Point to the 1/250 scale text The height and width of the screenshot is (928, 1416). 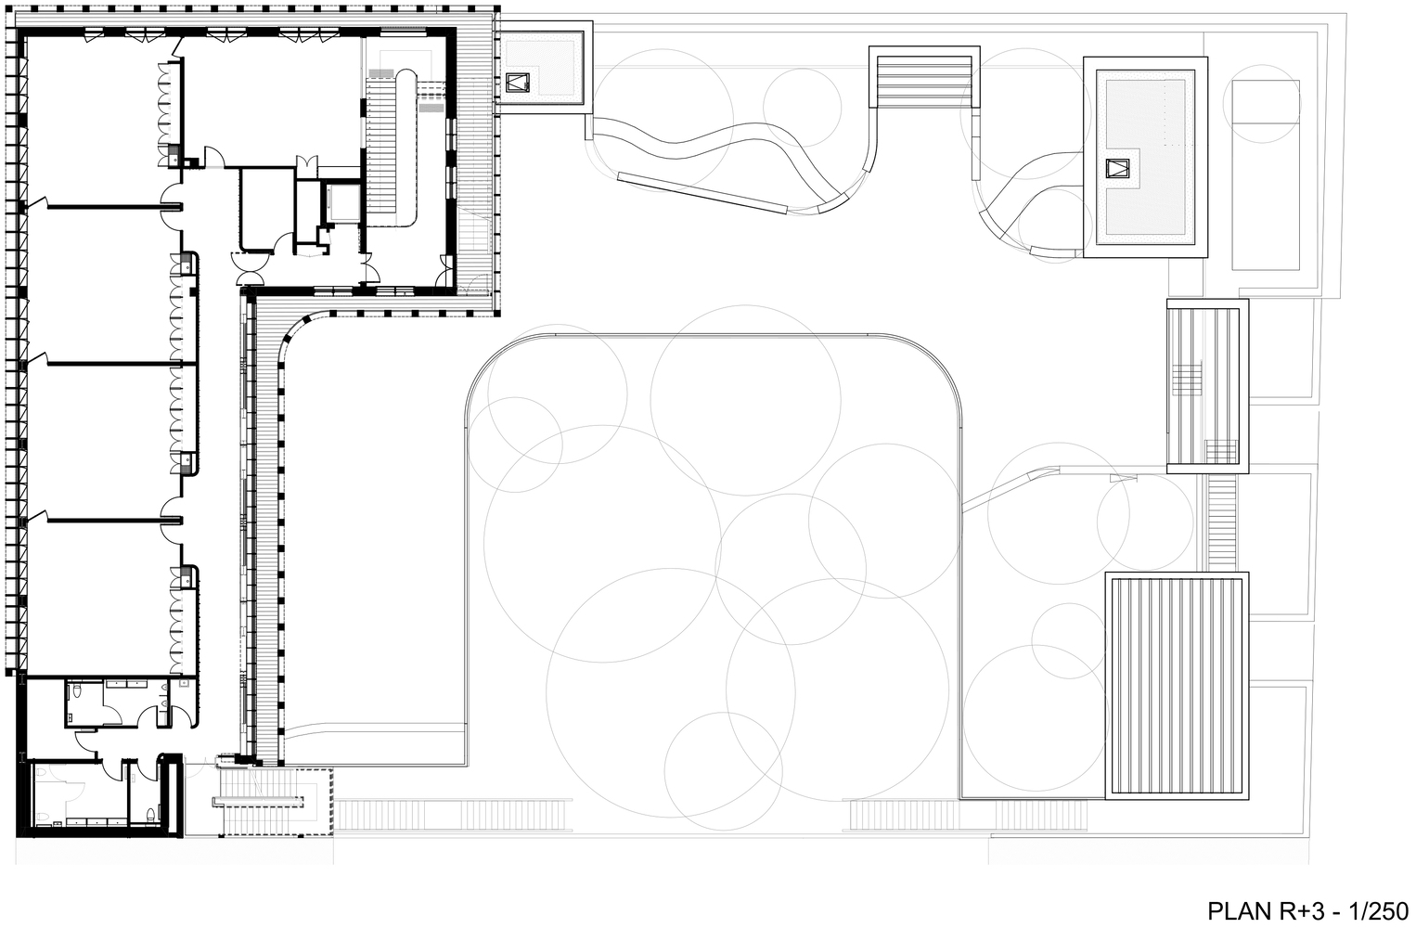(x=1377, y=911)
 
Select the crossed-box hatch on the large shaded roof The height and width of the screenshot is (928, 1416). (x=1117, y=168)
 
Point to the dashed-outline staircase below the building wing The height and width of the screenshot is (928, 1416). (x=275, y=802)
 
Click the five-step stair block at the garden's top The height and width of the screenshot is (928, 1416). (x=924, y=75)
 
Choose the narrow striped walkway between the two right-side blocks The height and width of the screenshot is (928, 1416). (x=1221, y=522)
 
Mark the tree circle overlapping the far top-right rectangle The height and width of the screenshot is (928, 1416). (x=1262, y=103)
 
